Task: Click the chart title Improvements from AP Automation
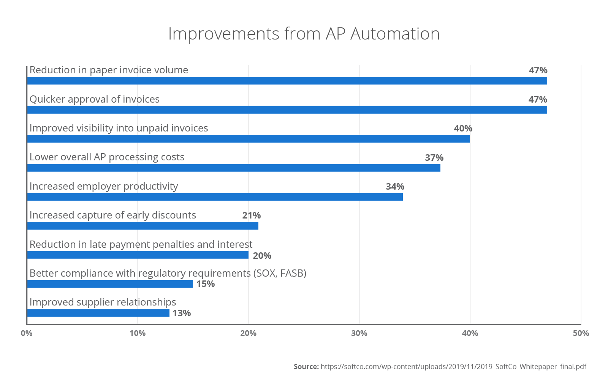click(x=304, y=34)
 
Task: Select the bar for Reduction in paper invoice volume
click(x=287, y=81)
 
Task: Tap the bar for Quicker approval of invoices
click(x=287, y=110)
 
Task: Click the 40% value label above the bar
click(x=463, y=128)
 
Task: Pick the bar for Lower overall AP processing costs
click(x=234, y=168)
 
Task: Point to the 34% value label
click(x=395, y=187)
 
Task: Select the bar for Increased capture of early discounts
click(x=143, y=226)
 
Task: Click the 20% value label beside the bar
click(x=262, y=256)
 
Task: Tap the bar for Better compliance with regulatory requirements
click(x=110, y=284)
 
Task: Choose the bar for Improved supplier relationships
click(x=98, y=313)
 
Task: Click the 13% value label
click(x=182, y=313)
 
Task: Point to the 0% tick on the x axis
click(x=27, y=333)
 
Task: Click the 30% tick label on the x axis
click(x=359, y=333)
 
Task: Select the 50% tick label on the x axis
click(x=581, y=333)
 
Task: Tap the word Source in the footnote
click(x=306, y=367)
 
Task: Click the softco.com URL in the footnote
click(x=453, y=367)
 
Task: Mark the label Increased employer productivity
click(x=104, y=186)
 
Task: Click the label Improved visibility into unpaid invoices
click(x=119, y=128)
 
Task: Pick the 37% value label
click(x=434, y=158)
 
